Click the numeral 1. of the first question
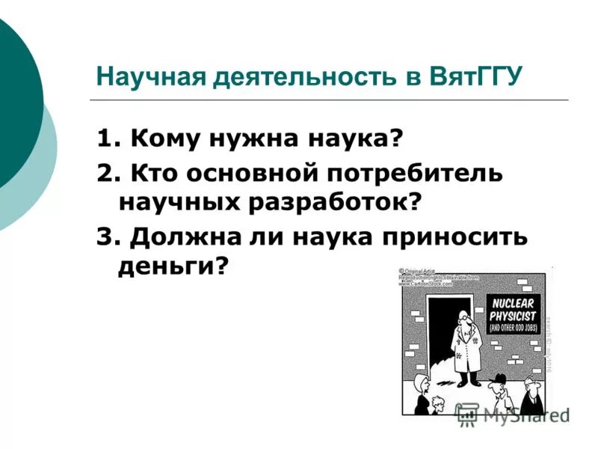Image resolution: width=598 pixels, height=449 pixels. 108,139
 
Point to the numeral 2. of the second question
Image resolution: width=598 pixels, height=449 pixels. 108,174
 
